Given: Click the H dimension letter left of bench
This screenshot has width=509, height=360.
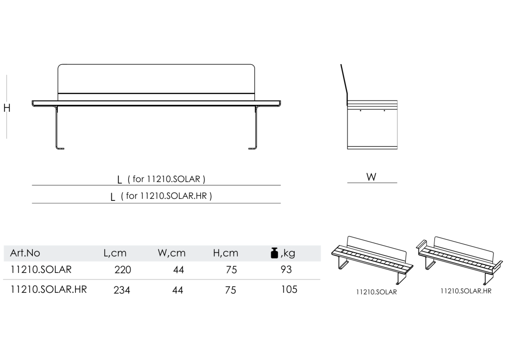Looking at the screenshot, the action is (x=7, y=108).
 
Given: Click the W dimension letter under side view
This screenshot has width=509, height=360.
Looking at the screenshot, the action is (x=371, y=177).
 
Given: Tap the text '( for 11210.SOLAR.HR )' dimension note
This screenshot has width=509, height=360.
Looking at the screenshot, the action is (x=166, y=196).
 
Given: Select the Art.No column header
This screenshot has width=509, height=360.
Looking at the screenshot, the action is (x=25, y=253).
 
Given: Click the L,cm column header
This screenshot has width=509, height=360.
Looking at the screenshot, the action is (x=115, y=253).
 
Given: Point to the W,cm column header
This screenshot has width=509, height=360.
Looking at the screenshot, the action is (x=171, y=253).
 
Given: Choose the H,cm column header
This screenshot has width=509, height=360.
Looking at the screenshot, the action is (x=226, y=253).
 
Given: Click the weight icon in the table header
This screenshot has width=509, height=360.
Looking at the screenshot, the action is (x=274, y=253).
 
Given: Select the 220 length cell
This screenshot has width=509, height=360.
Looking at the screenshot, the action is (x=123, y=270).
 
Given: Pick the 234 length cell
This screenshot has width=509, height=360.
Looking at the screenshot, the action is (x=122, y=290).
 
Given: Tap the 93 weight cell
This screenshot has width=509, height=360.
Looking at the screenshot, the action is (x=286, y=270).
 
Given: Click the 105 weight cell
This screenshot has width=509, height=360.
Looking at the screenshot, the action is (x=289, y=289).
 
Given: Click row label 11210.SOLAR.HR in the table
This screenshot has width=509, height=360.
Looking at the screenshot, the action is (x=49, y=289).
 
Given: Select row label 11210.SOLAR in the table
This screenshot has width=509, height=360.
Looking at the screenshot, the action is (x=41, y=270).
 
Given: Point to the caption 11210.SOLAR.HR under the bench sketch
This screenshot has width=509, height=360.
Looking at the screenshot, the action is (x=466, y=291).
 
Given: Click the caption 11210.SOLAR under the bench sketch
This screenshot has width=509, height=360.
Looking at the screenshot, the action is (x=377, y=292).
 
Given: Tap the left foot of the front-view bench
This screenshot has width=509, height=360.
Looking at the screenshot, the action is (x=60, y=148).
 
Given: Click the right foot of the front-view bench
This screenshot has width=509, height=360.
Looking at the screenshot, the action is (x=253, y=148).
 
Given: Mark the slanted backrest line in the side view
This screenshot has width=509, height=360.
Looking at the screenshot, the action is (x=344, y=83).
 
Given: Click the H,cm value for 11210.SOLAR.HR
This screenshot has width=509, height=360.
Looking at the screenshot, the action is (x=231, y=290).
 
